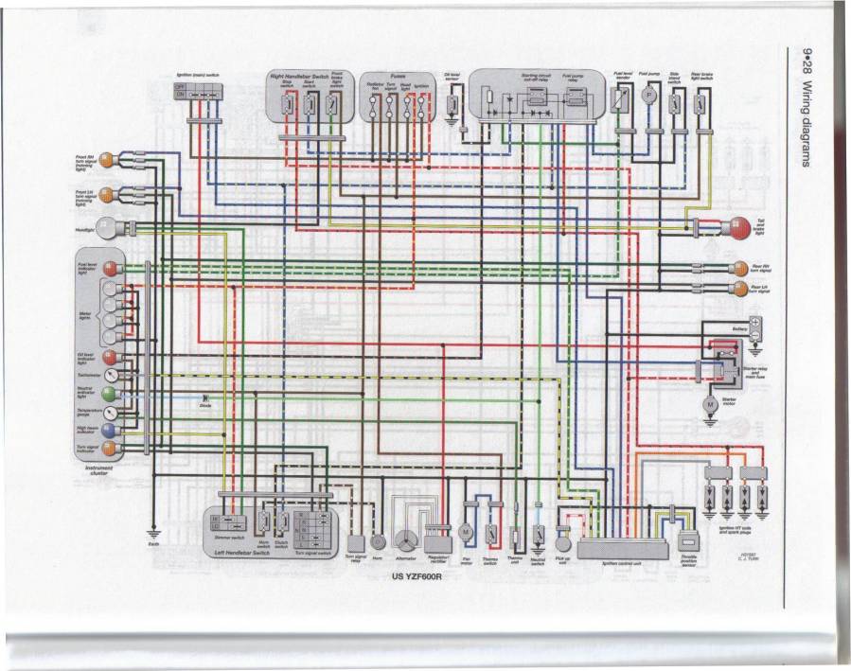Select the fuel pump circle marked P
pos(648,95)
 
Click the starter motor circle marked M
pos(707,404)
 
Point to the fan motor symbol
pos(466,533)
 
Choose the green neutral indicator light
pos(111,393)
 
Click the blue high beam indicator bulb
pos(111,430)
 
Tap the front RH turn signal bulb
pos(109,158)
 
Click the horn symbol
pos(378,542)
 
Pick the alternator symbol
pos(404,540)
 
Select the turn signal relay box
pos(356,543)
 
